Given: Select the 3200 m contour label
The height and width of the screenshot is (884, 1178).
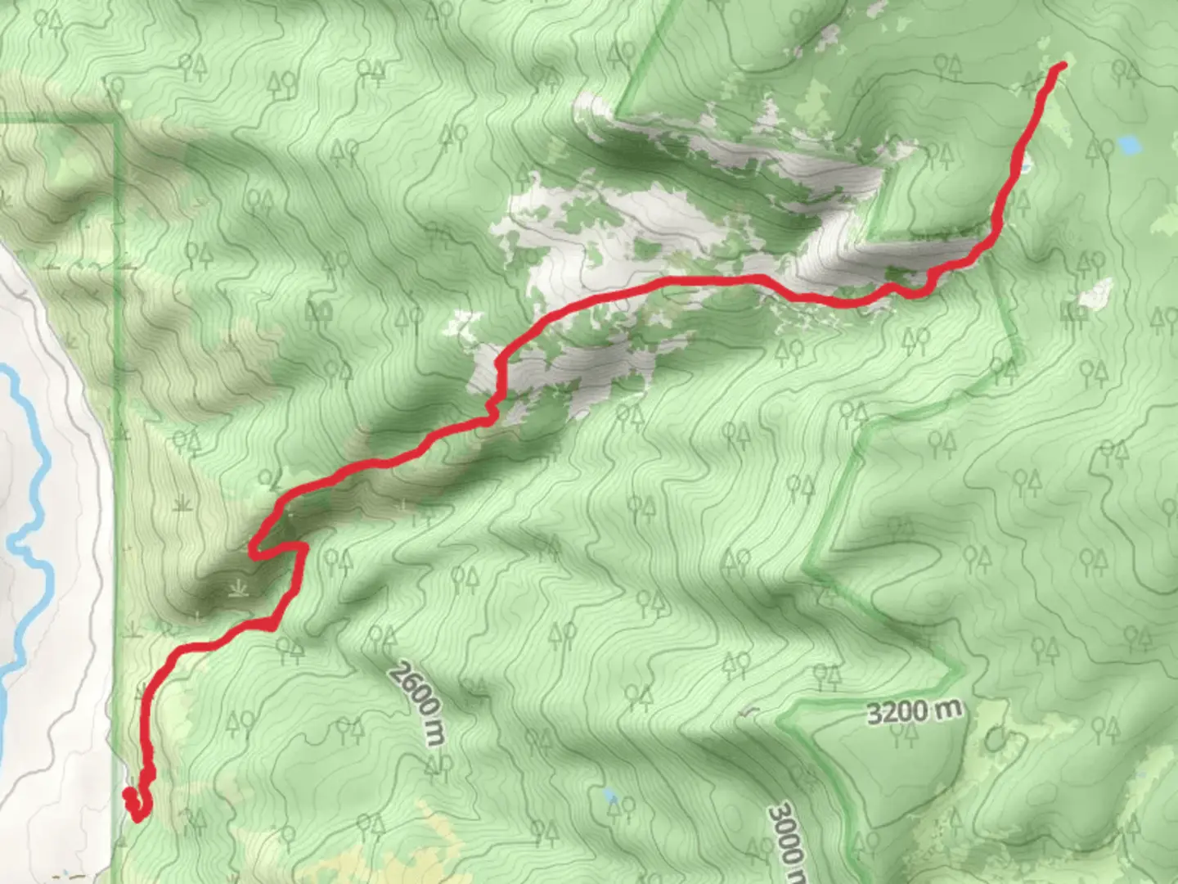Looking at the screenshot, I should tap(914, 711).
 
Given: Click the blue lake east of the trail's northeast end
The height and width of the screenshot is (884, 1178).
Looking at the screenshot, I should tap(1130, 146).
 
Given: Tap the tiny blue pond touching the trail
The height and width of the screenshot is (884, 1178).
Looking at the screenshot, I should tap(1024, 169).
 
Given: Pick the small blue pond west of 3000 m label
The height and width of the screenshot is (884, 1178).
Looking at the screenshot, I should tap(609, 794).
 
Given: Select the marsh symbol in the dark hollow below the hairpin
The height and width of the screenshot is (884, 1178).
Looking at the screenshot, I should tap(238, 587).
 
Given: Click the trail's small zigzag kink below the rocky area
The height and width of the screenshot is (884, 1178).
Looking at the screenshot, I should tap(492, 409).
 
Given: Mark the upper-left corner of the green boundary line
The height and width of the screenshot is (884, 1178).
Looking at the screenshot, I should tap(115, 120).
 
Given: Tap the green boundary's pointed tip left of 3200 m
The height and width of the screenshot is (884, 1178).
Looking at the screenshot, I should tap(780, 719).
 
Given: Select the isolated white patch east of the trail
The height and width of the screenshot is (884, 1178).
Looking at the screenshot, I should tap(1096, 293).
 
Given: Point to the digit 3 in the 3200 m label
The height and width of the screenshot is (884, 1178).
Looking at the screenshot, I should tap(874, 715).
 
